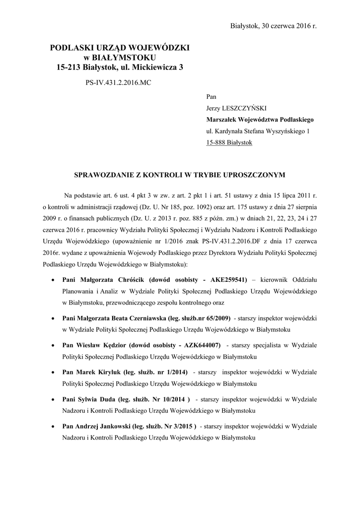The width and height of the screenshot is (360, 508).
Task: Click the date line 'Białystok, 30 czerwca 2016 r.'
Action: coord(274,25)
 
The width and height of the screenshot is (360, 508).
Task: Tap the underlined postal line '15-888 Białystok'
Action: coord(229,142)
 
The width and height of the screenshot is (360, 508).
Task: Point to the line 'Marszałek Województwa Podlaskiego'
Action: coord(260,120)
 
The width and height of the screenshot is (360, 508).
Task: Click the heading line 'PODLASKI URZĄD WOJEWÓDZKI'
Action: coord(120,48)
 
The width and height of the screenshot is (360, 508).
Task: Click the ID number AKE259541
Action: coord(229,279)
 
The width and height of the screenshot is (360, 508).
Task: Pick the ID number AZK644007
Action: coord(200,345)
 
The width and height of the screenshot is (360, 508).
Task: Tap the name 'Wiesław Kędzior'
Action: coord(103,345)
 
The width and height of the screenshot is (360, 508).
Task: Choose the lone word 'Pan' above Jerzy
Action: coord(211,96)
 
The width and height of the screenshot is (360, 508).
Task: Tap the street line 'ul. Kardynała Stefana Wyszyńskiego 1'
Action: coord(258,131)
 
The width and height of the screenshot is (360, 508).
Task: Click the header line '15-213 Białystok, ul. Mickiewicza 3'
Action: coord(120,66)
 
